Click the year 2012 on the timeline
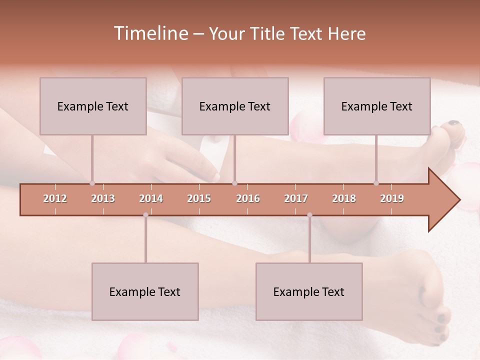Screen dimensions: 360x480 tap(55, 198)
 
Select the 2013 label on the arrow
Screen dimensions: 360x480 tap(103, 198)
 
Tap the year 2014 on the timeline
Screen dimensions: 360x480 tap(151, 198)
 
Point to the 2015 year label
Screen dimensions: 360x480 tap(199, 198)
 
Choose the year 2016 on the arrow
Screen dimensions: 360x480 tap(248, 198)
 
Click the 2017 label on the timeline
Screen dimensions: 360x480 tap(296, 198)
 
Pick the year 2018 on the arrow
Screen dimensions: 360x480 tap(344, 198)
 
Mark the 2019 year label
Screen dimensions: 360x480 tap(392, 198)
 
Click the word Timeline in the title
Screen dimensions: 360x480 tap(150, 33)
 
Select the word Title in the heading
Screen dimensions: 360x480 tap(268, 34)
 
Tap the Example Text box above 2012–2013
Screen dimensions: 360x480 tap(93, 106)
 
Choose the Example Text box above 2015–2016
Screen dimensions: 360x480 tap(235, 106)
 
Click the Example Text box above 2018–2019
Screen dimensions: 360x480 tap(377, 106)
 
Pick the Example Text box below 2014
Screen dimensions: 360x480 tap(145, 291)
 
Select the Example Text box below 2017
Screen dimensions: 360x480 tap(309, 291)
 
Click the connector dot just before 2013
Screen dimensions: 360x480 tap(92, 183)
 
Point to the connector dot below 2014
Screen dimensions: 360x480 tap(145, 215)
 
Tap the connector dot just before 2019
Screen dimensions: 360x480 tap(376, 183)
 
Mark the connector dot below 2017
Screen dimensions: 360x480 tap(309, 215)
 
